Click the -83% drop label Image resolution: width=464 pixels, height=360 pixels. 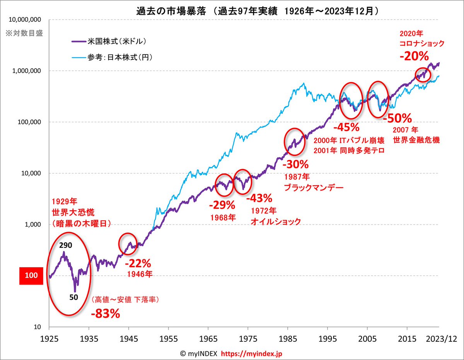106,313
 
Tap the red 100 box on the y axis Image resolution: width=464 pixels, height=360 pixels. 31,276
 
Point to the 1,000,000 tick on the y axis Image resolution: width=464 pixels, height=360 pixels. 25,71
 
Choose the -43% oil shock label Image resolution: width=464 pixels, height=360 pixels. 259,199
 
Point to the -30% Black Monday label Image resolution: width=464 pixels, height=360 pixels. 296,164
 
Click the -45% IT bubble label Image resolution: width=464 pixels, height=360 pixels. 347,127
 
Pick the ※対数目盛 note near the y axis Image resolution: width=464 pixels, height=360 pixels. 24,33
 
